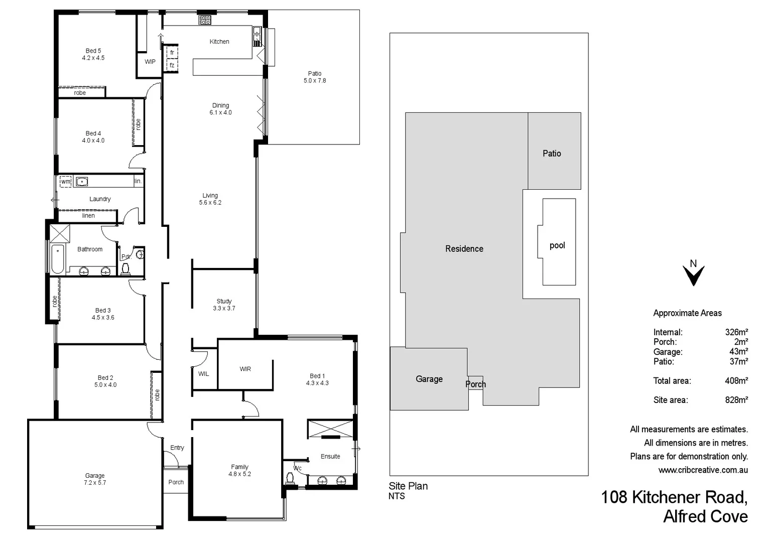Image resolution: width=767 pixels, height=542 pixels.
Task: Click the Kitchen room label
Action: tap(219, 42)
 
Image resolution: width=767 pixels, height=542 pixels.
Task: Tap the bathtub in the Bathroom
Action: tap(58, 258)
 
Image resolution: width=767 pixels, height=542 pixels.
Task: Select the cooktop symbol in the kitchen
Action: tap(205, 20)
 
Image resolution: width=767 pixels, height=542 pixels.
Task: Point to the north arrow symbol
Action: tap(693, 274)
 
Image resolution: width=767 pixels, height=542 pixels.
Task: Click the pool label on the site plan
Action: tap(557, 245)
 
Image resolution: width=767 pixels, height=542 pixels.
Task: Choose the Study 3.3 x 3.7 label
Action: tap(224, 305)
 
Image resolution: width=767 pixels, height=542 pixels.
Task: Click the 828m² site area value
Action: tap(736, 400)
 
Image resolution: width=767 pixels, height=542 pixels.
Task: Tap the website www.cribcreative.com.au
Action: tap(703, 470)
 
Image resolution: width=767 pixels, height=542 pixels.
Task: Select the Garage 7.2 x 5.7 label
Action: tap(95, 479)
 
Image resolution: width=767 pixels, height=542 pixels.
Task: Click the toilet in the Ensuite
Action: tap(290, 478)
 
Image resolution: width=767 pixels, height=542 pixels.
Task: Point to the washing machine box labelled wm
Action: tap(66, 182)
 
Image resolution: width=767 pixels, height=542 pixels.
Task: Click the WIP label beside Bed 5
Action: tap(150, 62)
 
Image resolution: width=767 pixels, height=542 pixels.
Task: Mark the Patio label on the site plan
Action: tap(552, 154)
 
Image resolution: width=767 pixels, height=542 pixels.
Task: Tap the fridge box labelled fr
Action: tap(172, 53)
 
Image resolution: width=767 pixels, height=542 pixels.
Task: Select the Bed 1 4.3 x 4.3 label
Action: tap(317, 379)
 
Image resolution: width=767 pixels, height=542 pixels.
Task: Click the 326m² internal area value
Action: tap(736, 332)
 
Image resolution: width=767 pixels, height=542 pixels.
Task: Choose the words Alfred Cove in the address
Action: tap(705, 516)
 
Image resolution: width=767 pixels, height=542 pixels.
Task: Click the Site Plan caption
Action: tap(408, 486)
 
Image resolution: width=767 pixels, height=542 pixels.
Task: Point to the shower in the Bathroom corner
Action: tap(60, 234)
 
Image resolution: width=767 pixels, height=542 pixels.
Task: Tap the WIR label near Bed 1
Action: tap(245, 369)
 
